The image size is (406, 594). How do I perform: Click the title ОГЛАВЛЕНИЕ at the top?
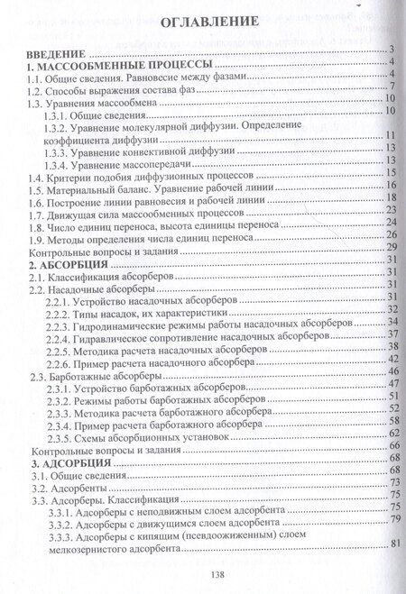[x=208, y=20]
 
